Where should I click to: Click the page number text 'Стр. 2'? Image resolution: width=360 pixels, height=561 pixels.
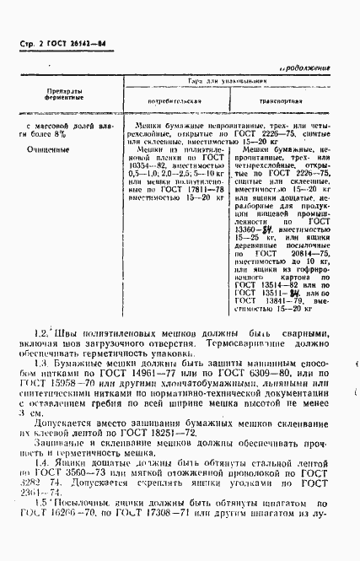tap(29, 44)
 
